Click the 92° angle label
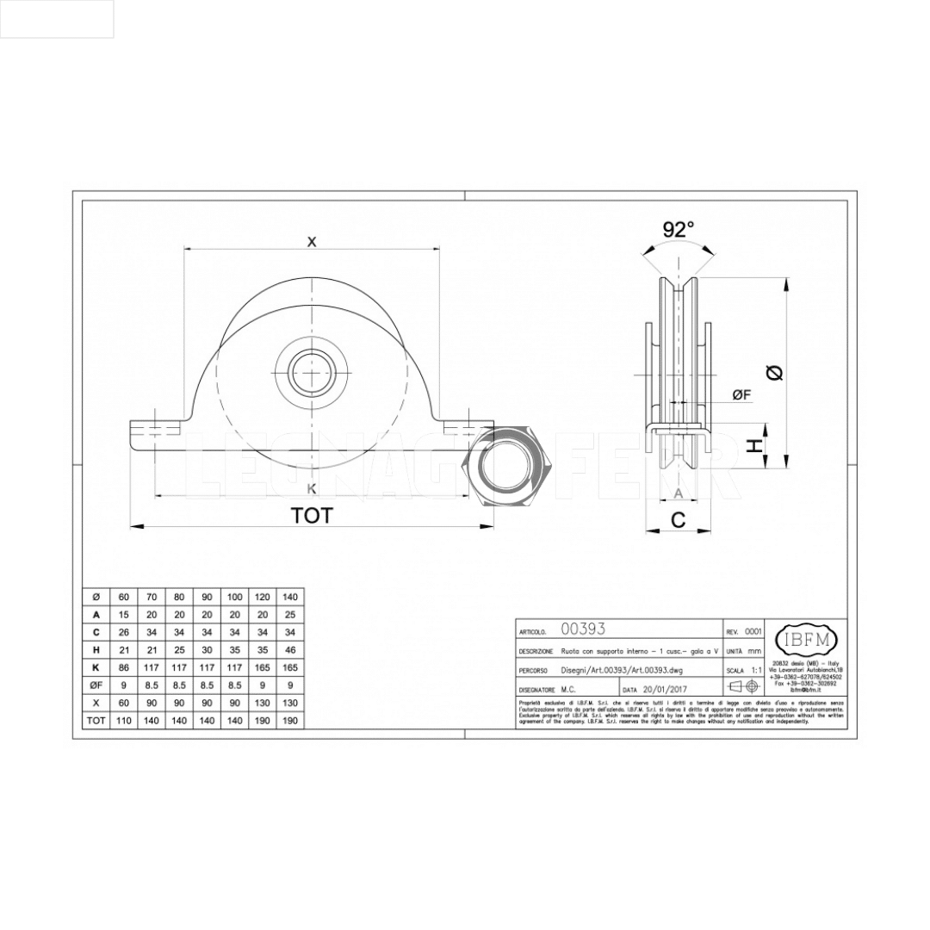click(679, 229)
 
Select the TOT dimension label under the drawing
click(311, 516)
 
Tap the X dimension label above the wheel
click(312, 242)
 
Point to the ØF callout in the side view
click(741, 394)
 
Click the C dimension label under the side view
click(679, 519)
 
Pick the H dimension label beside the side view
click(753, 446)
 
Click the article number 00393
click(583, 629)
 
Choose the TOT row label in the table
click(96, 720)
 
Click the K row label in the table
click(96, 667)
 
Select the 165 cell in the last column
click(290, 667)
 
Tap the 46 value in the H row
click(290, 650)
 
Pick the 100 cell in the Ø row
click(234, 597)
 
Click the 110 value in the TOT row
click(124, 720)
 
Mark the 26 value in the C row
click(124, 632)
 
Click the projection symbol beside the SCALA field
click(743, 686)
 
